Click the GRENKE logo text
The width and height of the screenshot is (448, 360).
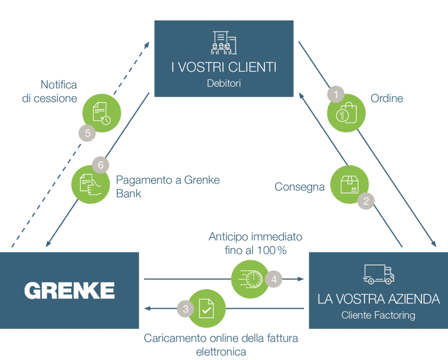tap(69, 290)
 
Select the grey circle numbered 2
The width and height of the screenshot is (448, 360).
tap(366, 201)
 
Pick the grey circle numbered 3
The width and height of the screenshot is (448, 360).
tap(185, 309)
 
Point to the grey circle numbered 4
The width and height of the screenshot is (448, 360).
tap(274, 279)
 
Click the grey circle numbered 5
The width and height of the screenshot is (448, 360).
tap(87, 134)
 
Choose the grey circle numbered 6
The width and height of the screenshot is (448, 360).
tap(100, 165)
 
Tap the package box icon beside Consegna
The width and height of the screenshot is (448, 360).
tap(348, 185)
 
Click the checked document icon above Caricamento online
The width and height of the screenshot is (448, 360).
tap(206, 307)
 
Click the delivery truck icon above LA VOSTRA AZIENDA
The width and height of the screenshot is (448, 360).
tap(379, 274)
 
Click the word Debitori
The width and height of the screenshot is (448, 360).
tap(223, 83)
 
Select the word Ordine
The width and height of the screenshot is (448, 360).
tap(387, 99)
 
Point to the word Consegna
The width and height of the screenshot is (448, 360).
tap(299, 187)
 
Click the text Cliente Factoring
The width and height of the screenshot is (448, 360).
tap(379, 316)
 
